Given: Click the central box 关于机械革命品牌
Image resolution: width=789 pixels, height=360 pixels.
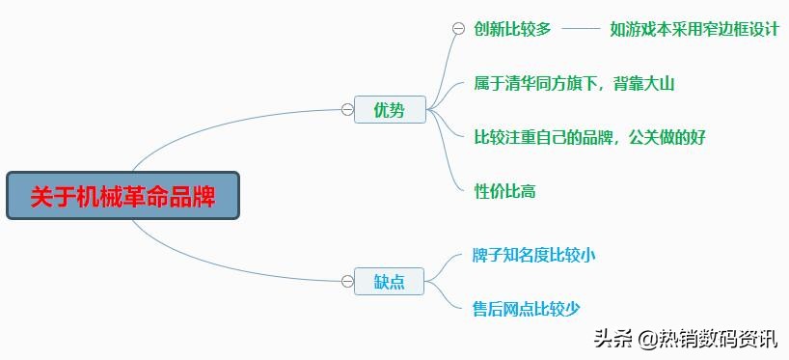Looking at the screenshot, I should (x=122, y=196).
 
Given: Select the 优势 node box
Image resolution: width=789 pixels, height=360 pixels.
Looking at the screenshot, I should (x=390, y=110).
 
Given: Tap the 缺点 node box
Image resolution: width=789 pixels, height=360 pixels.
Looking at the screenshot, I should (x=390, y=282).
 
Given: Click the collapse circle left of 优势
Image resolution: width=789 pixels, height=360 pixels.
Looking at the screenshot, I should (x=347, y=110).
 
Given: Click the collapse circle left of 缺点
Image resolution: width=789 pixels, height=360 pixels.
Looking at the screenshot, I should (x=347, y=282).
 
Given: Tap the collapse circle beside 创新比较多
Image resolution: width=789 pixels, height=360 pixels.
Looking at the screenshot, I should (x=458, y=29).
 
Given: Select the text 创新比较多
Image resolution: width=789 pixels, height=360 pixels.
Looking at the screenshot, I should (x=512, y=29).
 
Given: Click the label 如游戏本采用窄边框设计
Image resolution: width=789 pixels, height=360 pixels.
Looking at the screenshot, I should (x=694, y=29).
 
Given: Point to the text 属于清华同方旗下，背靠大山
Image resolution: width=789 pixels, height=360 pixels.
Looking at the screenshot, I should (x=574, y=84).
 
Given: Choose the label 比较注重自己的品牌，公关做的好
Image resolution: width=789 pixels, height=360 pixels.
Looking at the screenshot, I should (x=589, y=137).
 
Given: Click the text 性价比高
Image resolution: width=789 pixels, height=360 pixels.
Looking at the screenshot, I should (x=504, y=191).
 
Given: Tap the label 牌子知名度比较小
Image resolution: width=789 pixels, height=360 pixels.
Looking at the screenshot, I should (x=533, y=256).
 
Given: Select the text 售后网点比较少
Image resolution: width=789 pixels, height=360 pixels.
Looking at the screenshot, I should (x=526, y=309).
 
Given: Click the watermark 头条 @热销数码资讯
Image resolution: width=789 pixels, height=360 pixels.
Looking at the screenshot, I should (x=684, y=338).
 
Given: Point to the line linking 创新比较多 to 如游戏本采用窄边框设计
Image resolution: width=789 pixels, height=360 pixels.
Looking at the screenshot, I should (x=580, y=29).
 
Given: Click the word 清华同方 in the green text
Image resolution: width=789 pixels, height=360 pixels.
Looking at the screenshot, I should (x=542, y=84).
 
